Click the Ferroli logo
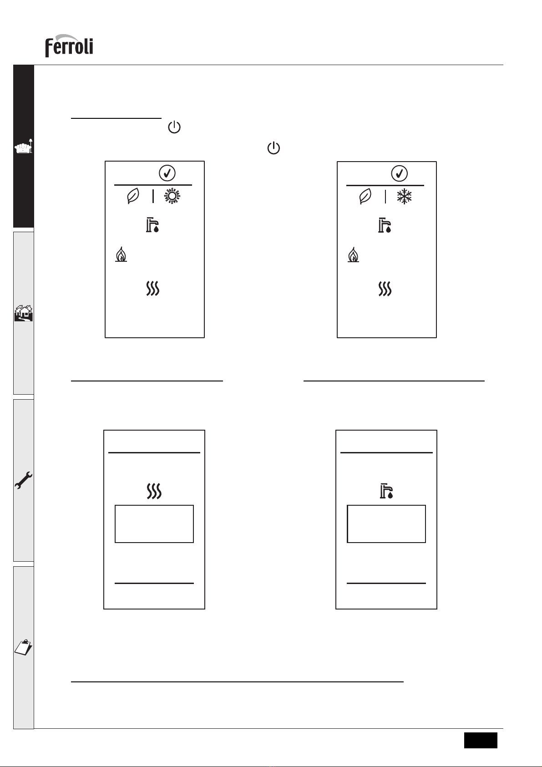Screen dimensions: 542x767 69,46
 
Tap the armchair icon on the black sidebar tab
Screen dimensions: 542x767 23,146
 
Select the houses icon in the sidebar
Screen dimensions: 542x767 23,313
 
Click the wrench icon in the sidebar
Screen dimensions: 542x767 23,480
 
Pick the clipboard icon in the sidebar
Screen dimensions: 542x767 23,647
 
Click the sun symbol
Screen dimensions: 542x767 172,196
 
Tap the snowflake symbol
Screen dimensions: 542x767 405,196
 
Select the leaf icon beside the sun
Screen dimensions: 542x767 133,196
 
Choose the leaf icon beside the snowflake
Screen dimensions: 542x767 365,197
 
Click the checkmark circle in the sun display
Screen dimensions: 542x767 167,173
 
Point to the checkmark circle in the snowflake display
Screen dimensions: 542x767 399,173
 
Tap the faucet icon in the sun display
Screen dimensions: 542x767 152,225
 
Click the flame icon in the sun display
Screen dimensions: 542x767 121,254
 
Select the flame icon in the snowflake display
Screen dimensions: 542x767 353,255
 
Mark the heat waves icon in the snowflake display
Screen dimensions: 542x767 385,289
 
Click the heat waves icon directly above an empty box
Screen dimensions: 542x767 154,491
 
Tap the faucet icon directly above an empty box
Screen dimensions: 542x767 386,491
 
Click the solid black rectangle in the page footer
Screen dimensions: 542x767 481,740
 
